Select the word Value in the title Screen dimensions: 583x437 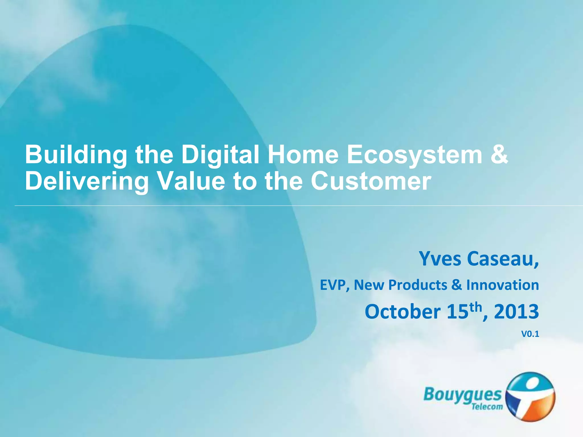[x=191, y=181]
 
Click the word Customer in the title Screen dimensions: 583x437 [x=371, y=181]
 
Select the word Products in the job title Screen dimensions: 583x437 [x=418, y=285]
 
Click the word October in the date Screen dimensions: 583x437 [x=403, y=312]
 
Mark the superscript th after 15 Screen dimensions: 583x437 [x=476, y=307]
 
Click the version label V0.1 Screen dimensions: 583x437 [x=530, y=334]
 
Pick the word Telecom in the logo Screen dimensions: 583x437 [x=487, y=407]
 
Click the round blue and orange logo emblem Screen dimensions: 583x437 [x=530, y=397]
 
